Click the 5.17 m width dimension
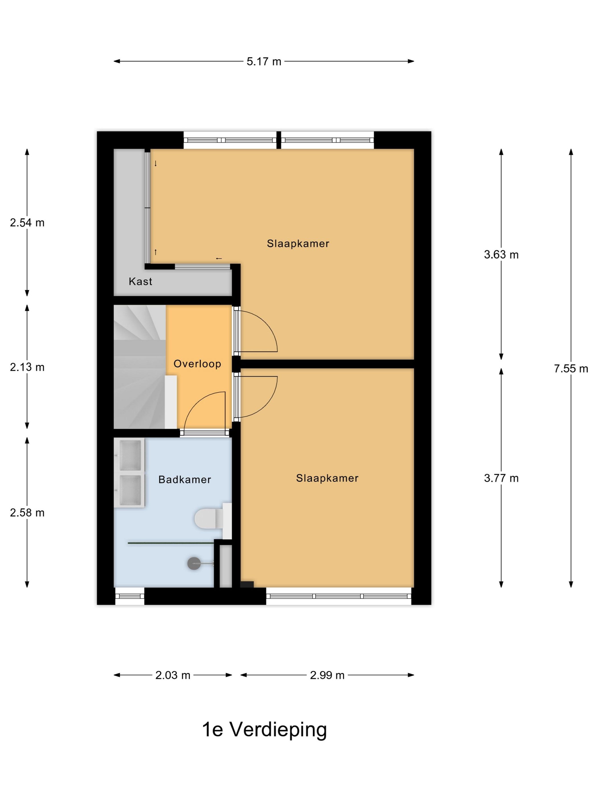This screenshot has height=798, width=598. (x=263, y=62)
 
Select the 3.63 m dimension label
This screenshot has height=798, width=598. (x=501, y=255)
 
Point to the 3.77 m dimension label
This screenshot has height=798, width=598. (x=501, y=478)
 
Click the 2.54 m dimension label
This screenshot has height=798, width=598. (x=27, y=223)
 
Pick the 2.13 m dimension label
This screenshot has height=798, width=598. (x=27, y=367)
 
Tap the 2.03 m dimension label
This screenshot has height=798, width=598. (x=173, y=675)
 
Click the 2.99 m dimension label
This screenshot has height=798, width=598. (x=327, y=675)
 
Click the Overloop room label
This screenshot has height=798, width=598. (x=197, y=364)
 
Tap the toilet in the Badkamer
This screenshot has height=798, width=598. (x=207, y=519)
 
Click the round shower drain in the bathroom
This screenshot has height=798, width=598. (x=194, y=563)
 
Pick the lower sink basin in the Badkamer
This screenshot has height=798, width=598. (x=130, y=490)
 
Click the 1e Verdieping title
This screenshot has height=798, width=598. (x=264, y=729)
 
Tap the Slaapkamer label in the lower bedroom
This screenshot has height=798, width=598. (x=327, y=478)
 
